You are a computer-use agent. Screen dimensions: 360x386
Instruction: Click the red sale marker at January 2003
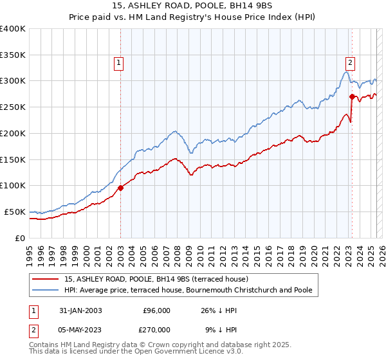(x=121, y=188)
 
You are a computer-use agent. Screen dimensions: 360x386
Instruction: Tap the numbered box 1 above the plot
(x=120, y=63)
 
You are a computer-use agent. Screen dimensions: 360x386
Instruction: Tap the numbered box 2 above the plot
(x=350, y=63)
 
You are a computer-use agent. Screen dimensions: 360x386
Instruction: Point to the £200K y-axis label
(x=13, y=133)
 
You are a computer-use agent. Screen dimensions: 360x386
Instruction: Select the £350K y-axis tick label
(x=13, y=55)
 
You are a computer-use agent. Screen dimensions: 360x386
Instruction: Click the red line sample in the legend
(x=46, y=279)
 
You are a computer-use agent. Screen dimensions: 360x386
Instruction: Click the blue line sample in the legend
(x=46, y=291)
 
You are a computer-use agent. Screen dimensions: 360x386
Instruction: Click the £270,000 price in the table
(x=156, y=329)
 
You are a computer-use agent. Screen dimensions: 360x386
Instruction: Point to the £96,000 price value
(x=156, y=310)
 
